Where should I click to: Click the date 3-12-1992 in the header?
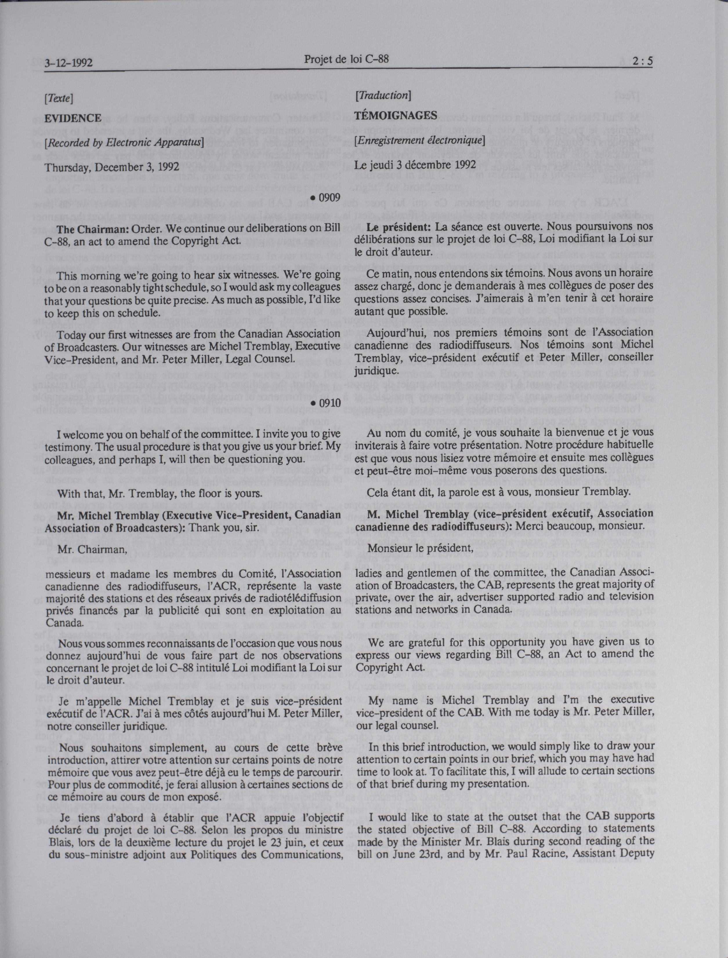(x=68, y=63)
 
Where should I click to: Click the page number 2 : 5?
(x=642, y=61)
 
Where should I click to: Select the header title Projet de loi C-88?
(x=346, y=59)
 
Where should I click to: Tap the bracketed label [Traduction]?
(x=383, y=95)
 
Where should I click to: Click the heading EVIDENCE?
(x=73, y=118)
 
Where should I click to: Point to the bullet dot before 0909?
(x=313, y=198)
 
